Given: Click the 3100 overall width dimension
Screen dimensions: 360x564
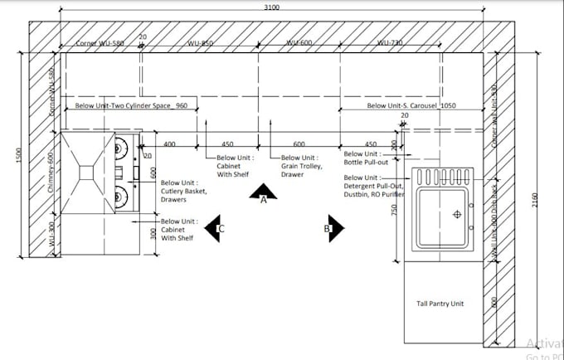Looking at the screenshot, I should (x=272, y=7).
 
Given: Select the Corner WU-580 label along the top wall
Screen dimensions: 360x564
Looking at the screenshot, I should (x=100, y=42).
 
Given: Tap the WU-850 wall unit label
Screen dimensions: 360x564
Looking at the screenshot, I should (x=200, y=42).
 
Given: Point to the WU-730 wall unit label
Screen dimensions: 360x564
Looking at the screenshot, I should (x=390, y=42).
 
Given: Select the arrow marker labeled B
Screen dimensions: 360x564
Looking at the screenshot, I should (x=333, y=227).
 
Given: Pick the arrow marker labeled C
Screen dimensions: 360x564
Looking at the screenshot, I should (x=216, y=227).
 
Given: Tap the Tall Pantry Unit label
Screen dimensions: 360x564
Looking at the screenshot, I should (x=440, y=304).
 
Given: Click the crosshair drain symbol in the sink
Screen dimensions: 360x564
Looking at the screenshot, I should (x=456, y=215).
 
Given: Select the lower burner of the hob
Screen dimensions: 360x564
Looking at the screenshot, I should (x=121, y=196).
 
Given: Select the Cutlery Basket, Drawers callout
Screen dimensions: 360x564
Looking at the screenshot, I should (x=183, y=192).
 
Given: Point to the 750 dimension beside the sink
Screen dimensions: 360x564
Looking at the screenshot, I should (x=394, y=210).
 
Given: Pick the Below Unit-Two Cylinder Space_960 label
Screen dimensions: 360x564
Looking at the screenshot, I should (x=137, y=106).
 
